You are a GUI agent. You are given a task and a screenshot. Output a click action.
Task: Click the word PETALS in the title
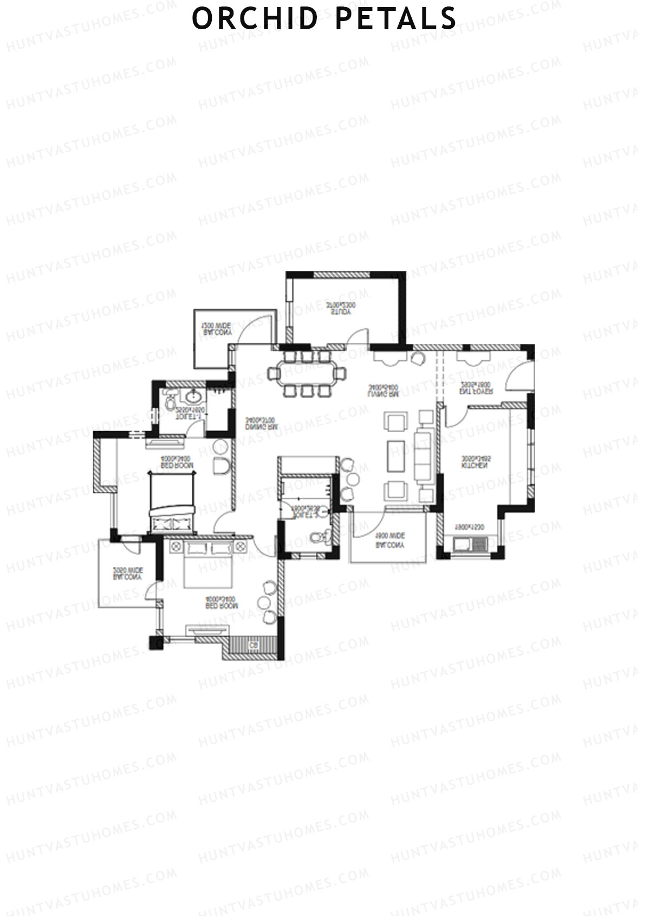[x=395, y=18]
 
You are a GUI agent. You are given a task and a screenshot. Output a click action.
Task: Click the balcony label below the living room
[x=389, y=541]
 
